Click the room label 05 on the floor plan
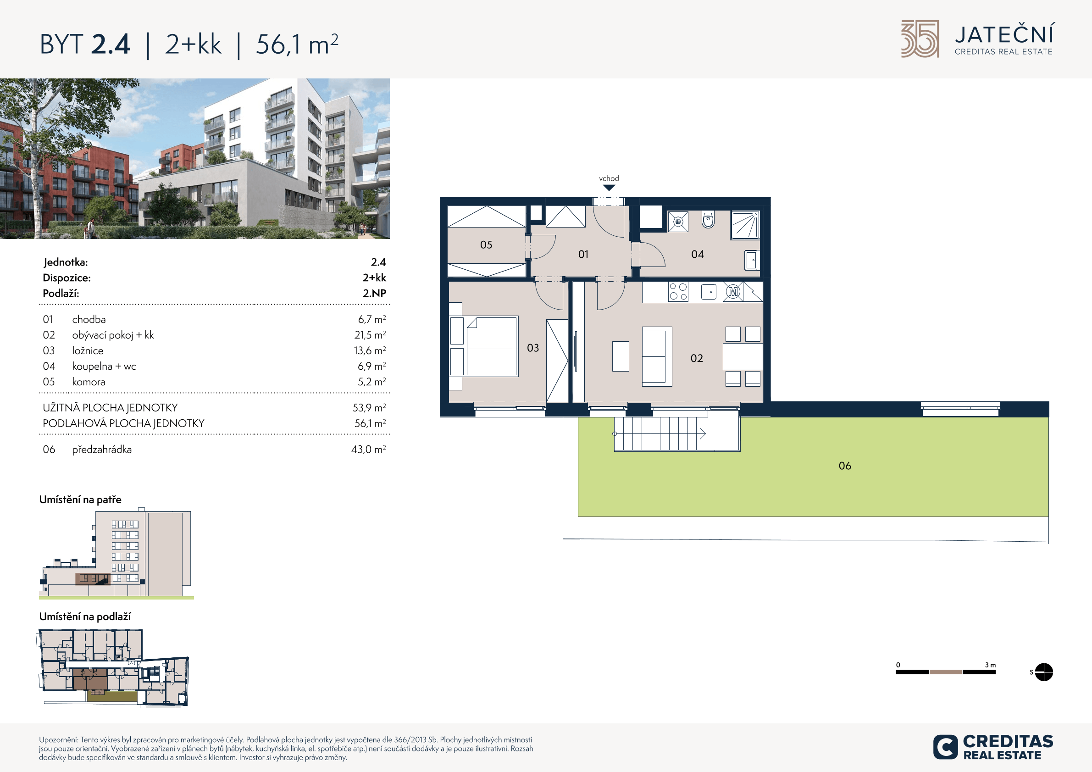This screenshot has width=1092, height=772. click(486, 244)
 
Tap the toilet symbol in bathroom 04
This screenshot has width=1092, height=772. click(708, 220)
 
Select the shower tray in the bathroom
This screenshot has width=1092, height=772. click(745, 224)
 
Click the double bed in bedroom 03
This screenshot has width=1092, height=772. click(491, 346)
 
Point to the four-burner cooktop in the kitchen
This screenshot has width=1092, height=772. click(678, 292)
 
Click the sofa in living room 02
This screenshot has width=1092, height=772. click(657, 356)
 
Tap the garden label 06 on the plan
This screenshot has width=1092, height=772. click(845, 466)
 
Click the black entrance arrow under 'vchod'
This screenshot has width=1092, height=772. click(609, 188)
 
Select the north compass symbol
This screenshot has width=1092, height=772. click(1044, 672)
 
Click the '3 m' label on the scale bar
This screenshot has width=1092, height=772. click(990, 665)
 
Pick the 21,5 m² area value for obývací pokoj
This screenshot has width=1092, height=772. click(370, 335)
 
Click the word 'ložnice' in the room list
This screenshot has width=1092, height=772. click(88, 350)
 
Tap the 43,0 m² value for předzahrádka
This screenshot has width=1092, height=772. click(369, 449)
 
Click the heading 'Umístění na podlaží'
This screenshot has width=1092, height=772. click(85, 616)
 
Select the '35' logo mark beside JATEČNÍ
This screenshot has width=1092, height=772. click(920, 39)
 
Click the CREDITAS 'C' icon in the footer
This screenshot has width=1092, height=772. click(945, 747)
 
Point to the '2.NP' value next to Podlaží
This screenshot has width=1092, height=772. click(374, 293)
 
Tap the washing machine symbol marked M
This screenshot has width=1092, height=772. click(733, 292)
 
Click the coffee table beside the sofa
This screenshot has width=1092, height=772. click(621, 356)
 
